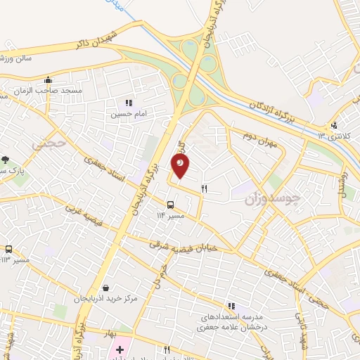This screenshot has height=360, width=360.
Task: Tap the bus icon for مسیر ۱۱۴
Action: [170, 205]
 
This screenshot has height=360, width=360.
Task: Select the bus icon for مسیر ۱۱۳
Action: [9, 249]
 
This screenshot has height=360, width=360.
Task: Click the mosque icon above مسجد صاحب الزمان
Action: [48, 79]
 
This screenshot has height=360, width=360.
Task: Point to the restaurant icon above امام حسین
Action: [129, 103]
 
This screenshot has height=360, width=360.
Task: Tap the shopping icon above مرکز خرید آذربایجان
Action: [105, 288]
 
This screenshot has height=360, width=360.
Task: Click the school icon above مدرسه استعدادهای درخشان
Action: [231, 306]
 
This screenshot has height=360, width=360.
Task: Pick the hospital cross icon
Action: [120, 349]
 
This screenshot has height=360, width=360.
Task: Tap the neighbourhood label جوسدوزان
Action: [273, 199]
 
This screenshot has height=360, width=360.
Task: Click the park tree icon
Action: [6, 160]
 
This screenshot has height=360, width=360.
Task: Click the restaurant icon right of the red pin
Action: [205, 188]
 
